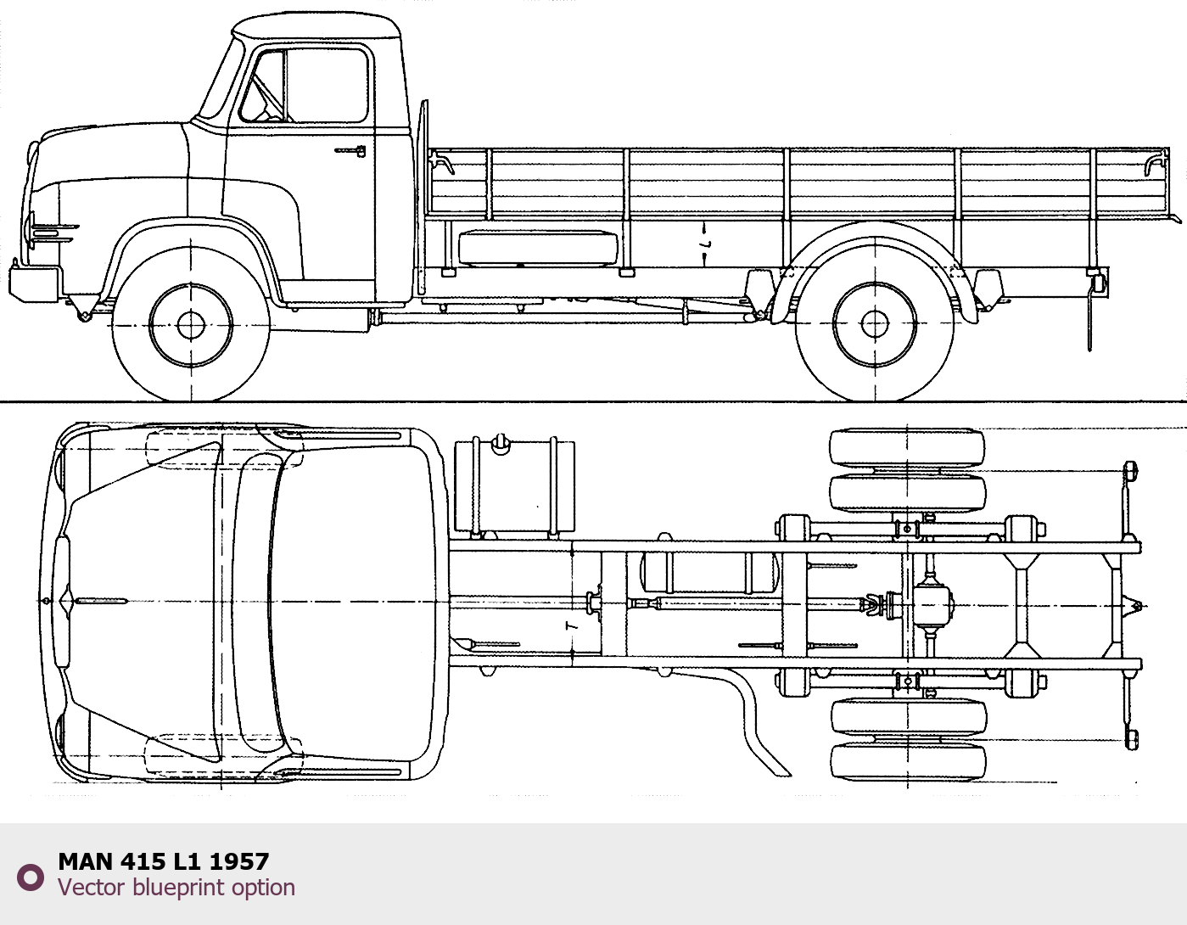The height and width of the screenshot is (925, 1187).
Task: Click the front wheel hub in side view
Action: click(191, 325)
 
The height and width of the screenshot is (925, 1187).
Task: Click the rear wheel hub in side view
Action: click(874, 324)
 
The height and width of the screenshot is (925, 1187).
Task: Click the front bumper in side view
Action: click(34, 283)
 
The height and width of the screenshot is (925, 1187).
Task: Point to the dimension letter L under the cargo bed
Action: click(706, 244)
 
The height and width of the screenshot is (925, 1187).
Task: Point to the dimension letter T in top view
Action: click(572, 626)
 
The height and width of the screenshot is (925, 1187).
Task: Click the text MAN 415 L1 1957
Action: click(163, 861)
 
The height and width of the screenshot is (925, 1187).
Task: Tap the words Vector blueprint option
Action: click(176, 888)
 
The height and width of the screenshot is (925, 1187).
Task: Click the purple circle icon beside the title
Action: click(31, 877)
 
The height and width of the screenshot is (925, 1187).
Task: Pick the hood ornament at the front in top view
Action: click(64, 601)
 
